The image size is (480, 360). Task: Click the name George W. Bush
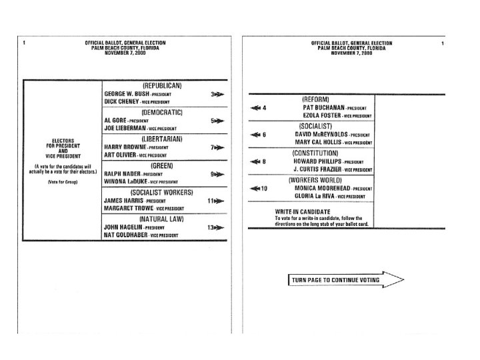[x=127, y=94]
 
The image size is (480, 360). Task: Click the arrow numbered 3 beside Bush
[x=217, y=95]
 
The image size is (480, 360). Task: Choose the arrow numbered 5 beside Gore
[x=217, y=121]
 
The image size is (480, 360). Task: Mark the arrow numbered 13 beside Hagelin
[x=216, y=227]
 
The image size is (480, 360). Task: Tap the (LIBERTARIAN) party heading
[x=162, y=139]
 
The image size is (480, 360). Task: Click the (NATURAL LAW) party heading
[x=162, y=219]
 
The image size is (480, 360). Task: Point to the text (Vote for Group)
[x=62, y=182]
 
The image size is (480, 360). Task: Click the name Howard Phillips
[x=325, y=161]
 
